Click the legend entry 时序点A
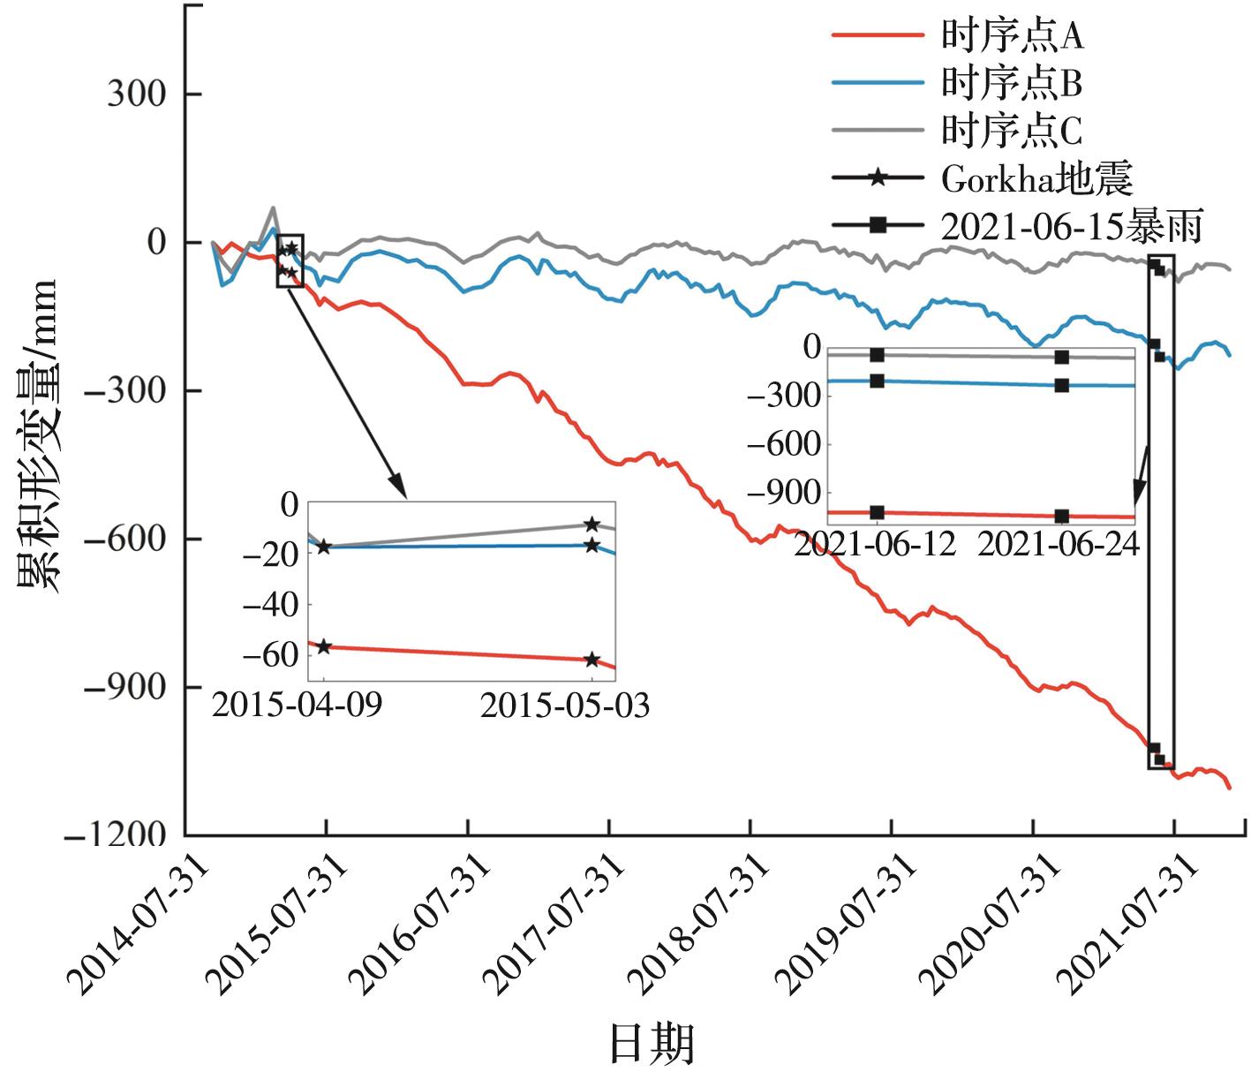[1012, 36]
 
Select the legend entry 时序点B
[1012, 84]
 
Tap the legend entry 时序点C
[1012, 132]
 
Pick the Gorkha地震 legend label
[1036, 179]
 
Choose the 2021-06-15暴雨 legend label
[1072, 227]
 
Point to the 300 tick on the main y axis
[137, 94]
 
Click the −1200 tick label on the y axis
[116, 834]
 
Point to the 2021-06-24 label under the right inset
[1059, 544]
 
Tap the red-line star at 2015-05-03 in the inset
[592, 660]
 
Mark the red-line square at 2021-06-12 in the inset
[877, 512]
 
